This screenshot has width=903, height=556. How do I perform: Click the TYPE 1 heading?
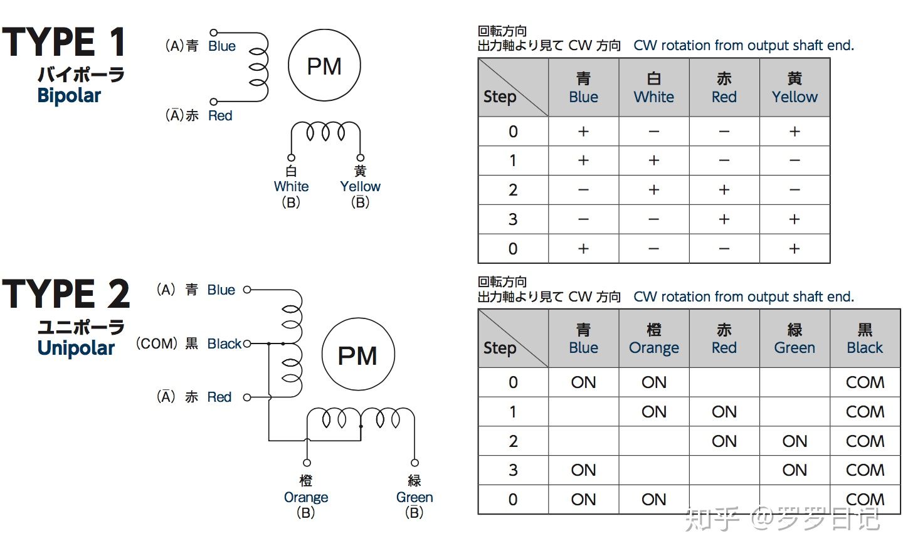point(64,42)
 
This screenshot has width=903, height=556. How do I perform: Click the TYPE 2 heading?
point(66,294)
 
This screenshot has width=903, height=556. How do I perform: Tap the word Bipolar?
point(69,96)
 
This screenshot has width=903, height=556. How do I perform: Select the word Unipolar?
point(76,348)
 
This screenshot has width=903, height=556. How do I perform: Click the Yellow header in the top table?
point(795,87)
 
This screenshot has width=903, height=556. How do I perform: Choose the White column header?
point(654,87)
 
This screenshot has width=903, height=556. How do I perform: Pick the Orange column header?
point(654,339)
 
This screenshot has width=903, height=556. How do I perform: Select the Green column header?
point(795,339)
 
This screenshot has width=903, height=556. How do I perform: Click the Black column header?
point(865,339)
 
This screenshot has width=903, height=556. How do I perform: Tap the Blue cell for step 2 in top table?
point(583,190)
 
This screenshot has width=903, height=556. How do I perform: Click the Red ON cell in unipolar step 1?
point(724,412)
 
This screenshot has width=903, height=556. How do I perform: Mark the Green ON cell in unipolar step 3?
point(795,470)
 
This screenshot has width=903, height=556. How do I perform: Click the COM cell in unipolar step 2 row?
point(865,441)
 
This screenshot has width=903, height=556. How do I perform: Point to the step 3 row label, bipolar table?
point(513,219)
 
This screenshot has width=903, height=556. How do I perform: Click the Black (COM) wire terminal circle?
point(247,344)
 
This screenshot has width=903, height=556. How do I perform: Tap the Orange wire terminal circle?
point(307,463)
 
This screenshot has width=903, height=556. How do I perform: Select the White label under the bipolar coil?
point(291,187)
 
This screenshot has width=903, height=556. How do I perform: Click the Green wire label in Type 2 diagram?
point(415,498)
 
